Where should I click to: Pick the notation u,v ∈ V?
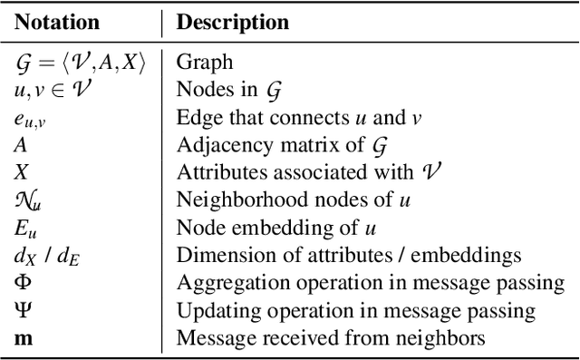coord(52,90)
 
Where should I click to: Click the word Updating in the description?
coord(213,310)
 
